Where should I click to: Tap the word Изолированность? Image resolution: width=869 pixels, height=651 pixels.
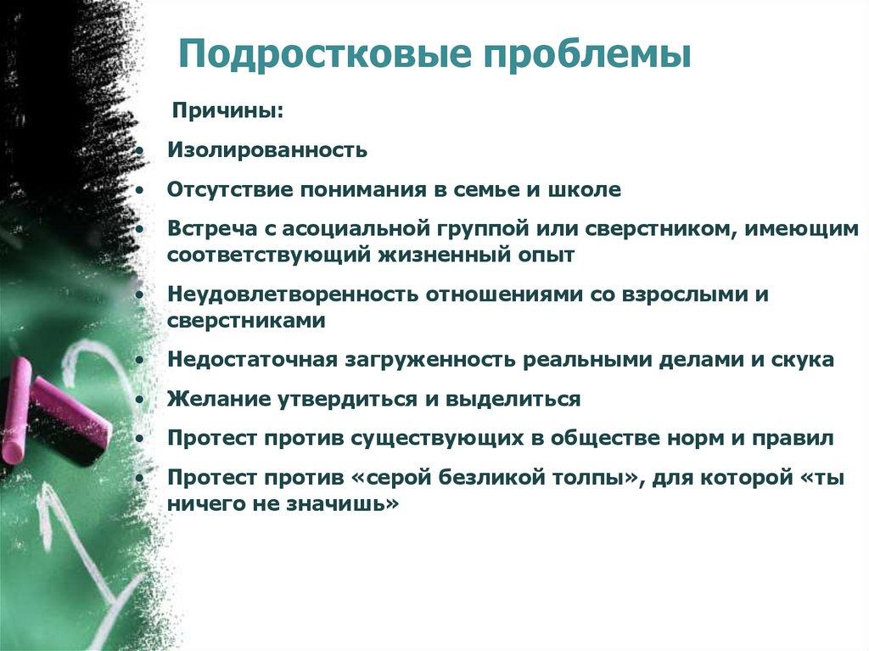tap(267, 150)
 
